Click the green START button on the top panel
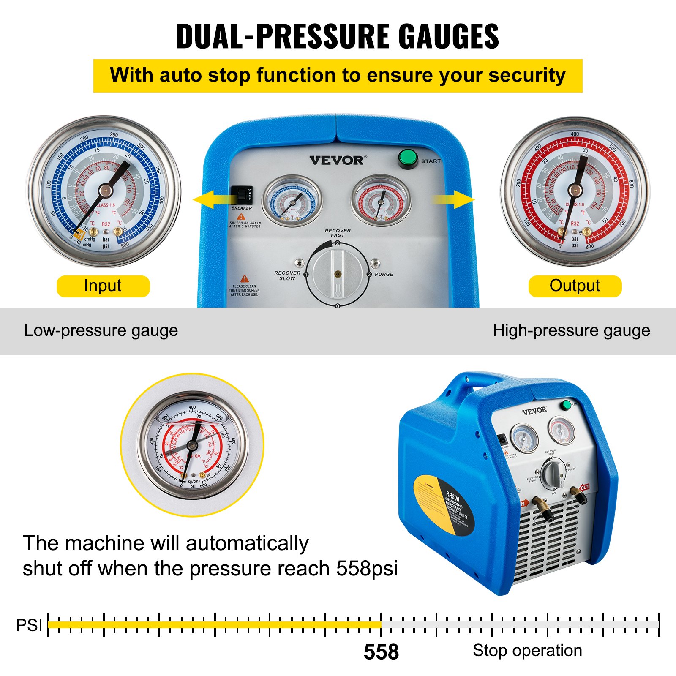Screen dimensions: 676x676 (x=408, y=158)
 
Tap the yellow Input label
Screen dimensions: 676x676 (x=103, y=286)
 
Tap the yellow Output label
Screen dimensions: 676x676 (x=575, y=286)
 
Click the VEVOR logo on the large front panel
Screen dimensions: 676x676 (x=336, y=161)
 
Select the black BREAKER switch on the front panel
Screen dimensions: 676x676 (x=242, y=196)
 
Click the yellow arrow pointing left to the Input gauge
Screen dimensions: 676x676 (x=211, y=199)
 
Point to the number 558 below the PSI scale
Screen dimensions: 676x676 (x=381, y=652)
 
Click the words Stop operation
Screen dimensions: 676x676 (x=527, y=651)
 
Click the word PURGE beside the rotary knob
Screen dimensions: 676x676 (x=384, y=274)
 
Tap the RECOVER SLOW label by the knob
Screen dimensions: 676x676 (x=287, y=275)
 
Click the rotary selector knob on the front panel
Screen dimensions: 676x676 (x=336, y=274)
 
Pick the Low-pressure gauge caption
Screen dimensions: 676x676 (x=101, y=330)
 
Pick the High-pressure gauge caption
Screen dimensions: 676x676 (x=571, y=330)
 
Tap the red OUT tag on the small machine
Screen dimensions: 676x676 (x=585, y=488)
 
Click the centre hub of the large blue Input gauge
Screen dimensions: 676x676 (x=105, y=191)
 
